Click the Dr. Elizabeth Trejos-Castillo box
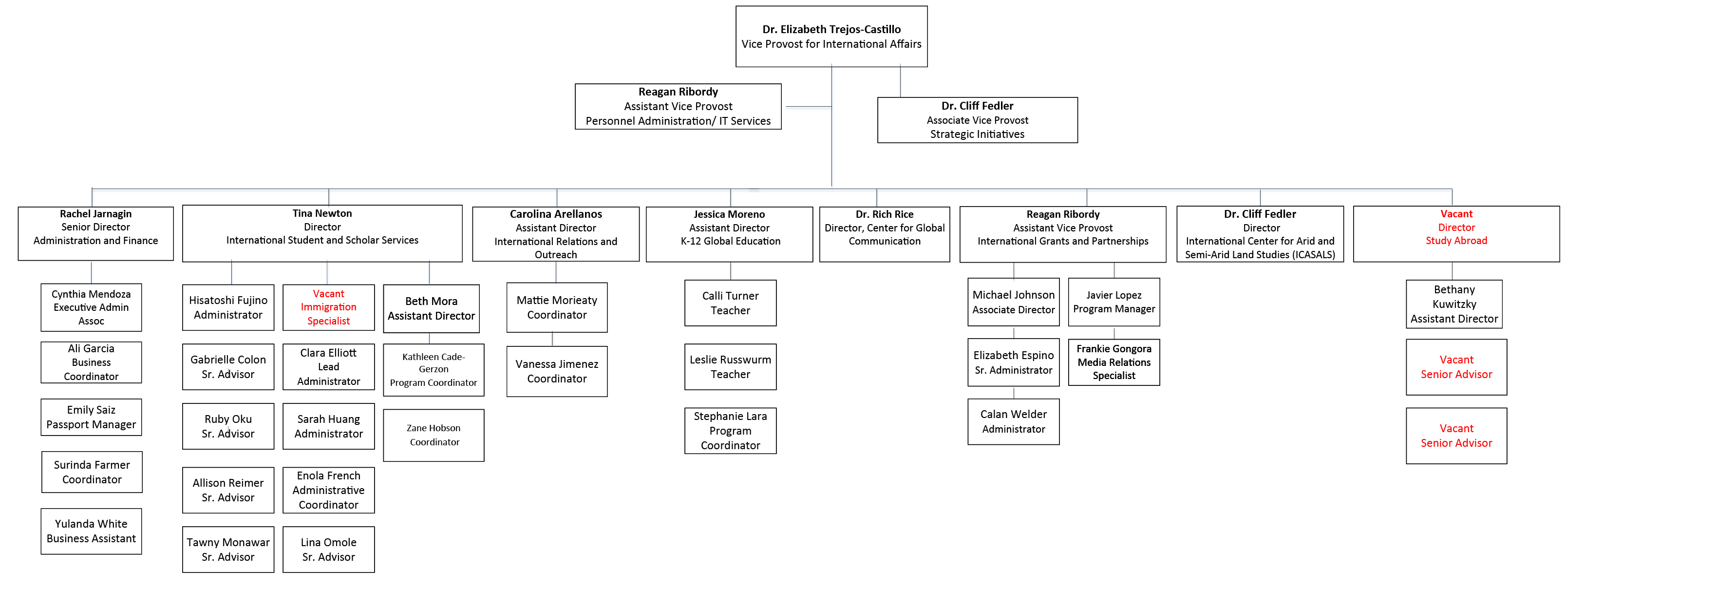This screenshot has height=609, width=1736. click(831, 37)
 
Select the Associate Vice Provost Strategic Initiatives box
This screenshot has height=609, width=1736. click(977, 120)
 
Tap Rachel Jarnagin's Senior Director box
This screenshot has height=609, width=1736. click(95, 233)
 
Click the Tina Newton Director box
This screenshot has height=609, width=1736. click(322, 233)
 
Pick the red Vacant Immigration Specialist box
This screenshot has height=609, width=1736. click(328, 307)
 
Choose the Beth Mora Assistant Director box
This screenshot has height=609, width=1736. click(431, 309)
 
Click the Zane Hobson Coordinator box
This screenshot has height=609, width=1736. click(434, 436)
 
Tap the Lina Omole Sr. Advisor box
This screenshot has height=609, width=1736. click(328, 550)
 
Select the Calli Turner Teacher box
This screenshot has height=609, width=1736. click(730, 304)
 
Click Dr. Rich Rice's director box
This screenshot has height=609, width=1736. click(884, 233)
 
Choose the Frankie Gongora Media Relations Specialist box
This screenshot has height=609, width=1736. click(1113, 362)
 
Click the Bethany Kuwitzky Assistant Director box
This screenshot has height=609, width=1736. click(1453, 304)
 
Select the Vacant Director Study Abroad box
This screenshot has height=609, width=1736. click(1455, 233)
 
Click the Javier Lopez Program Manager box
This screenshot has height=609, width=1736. click(1113, 302)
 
